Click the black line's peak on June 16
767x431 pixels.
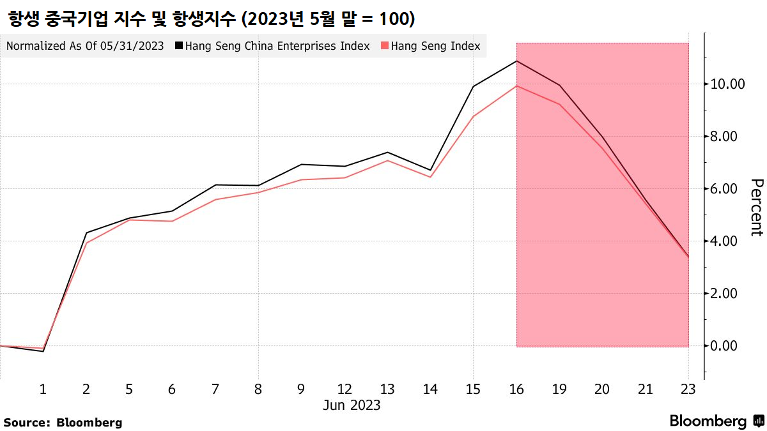pyautogui.click(x=516, y=61)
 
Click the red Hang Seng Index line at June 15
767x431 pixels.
pyautogui.click(x=473, y=116)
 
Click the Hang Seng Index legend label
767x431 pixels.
pyautogui.click(x=435, y=46)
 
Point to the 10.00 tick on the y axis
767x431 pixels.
pyautogui.click(x=724, y=84)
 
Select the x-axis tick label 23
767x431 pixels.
pyautogui.click(x=688, y=389)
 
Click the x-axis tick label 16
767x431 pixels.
pyautogui.click(x=516, y=389)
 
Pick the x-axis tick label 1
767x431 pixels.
pyautogui.click(x=43, y=389)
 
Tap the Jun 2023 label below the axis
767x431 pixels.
pyautogui.click(x=352, y=405)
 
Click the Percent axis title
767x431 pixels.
pyautogui.click(x=756, y=208)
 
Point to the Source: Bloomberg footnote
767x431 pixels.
pyautogui.click(x=63, y=422)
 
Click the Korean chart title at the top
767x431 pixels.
pyautogui.click(x=211, y=19)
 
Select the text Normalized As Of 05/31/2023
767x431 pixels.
pyautogui.click(x=85, y=46)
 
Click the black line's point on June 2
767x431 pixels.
pyautogui.click(x=86, y=232)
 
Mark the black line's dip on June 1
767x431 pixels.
pyautogui.click(x=43, y=351)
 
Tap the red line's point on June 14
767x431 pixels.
pyautogui.click(x=430, y=177)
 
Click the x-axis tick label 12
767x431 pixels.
pyautogui.click(x=345, y=389)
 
